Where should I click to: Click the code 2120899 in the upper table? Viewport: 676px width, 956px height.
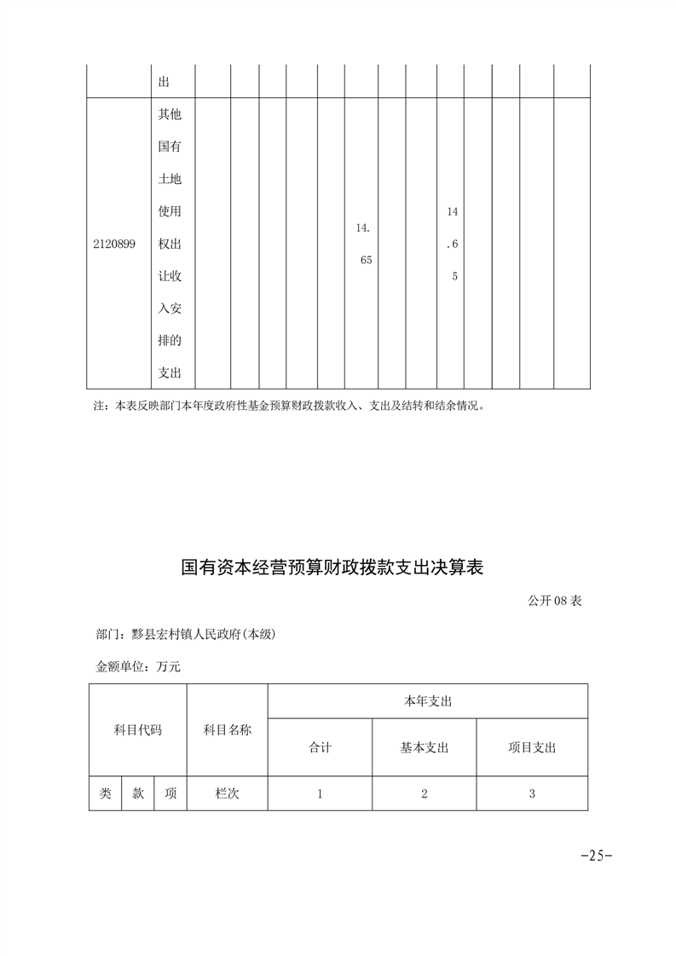(114, 244)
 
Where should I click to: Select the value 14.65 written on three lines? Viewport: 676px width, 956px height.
(452, 244)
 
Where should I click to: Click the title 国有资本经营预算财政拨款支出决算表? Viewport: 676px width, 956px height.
(332, 567)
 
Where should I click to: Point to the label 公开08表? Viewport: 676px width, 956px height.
(554, 601)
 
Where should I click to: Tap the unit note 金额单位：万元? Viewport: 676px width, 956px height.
(138, 666)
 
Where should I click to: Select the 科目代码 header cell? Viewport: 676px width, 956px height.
(137, 730)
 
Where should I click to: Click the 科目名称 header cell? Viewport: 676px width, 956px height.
(227, 730)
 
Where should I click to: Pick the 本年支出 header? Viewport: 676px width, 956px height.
(427, 701)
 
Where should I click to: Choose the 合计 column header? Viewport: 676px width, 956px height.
(320, 747)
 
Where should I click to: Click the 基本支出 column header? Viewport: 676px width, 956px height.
(424, 747)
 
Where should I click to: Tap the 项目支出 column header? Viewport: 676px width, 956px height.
(532, 747)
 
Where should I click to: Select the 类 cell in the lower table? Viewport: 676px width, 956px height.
(105, 793)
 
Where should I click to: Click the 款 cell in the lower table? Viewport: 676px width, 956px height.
(137, 793)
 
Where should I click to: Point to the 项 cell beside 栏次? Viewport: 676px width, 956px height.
(170, 793)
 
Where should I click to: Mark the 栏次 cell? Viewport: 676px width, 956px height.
(227, 793)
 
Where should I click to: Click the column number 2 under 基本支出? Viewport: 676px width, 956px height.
(424, 793)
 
